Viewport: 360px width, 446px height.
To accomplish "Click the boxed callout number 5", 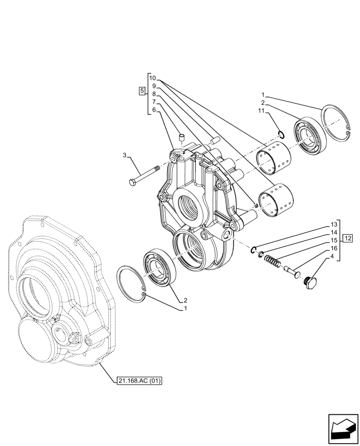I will pyautogui.click(x=142, y=91).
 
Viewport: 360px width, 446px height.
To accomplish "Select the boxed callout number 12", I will pyautogui.click(x=348, y=238).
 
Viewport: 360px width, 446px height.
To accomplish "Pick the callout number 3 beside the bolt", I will pyautogui.click(x=125, y=155).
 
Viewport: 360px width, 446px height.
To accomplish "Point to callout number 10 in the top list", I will pyautogui.click(x=152, y=77).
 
